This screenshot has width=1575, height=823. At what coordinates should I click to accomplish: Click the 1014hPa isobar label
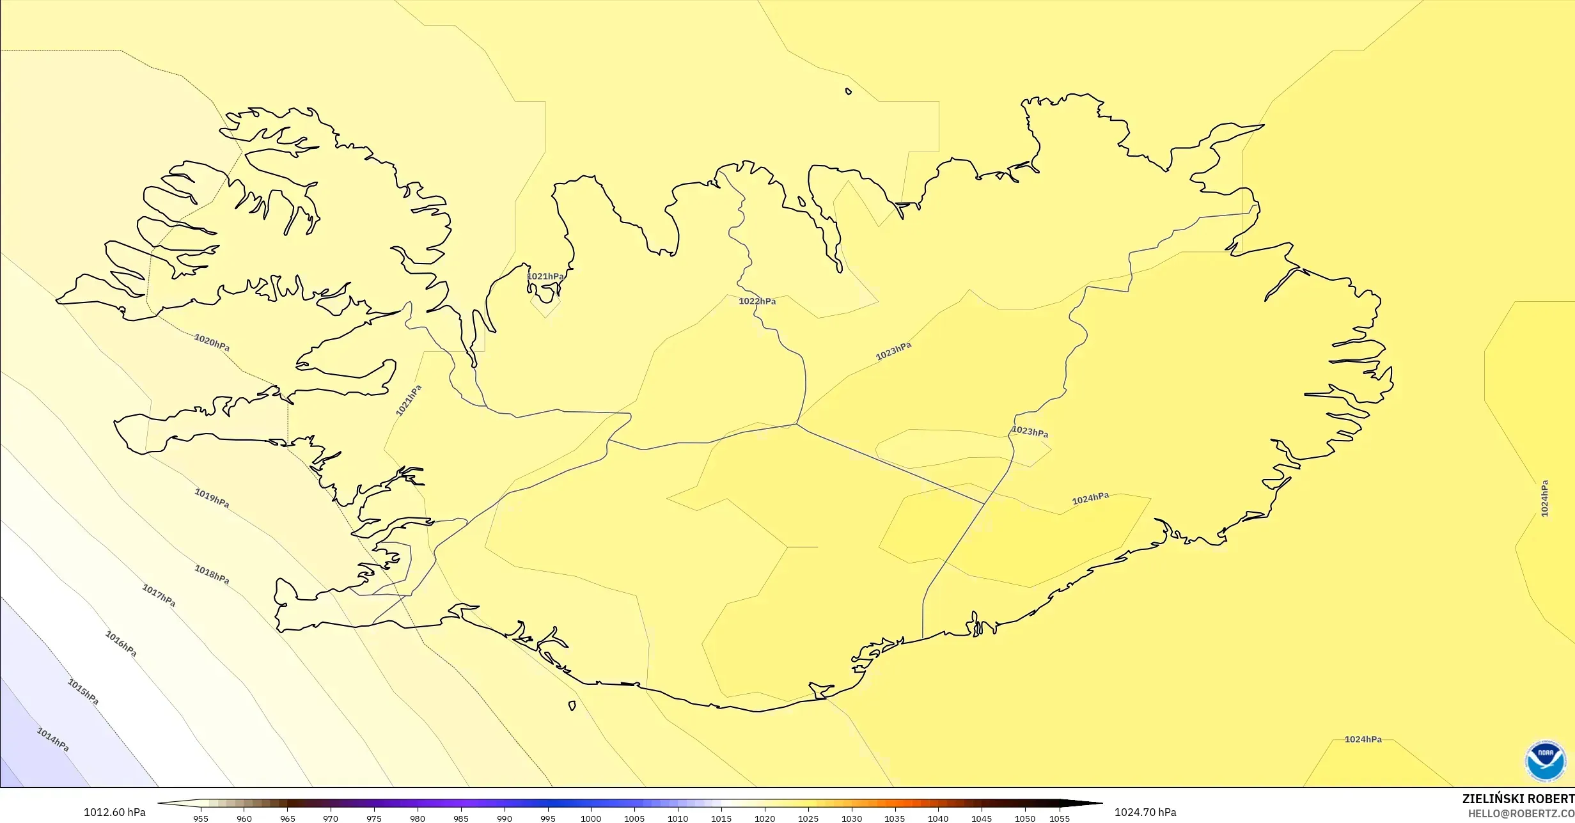click(52, 740)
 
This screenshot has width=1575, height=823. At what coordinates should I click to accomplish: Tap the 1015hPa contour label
click(83, 692)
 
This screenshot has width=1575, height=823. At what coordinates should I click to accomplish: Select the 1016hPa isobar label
click(121, 643)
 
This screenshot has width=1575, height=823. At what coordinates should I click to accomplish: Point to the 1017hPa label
click(159, 595)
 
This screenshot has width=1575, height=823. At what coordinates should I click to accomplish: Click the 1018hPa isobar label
click(212, 574)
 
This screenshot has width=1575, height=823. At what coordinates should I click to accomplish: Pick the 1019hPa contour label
click(212, 498)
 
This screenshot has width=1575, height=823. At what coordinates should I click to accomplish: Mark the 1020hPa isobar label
click(212, 343)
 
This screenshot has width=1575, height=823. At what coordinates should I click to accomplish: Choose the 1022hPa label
click(757, 301)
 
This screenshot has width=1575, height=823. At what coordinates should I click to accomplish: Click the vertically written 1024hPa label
click(1544, 498)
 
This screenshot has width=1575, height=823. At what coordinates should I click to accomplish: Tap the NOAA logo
click(1545, 760)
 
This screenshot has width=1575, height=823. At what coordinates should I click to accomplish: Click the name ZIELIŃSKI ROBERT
click(1518, 799)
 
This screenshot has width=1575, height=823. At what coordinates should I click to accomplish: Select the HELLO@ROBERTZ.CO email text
click(1521, 813)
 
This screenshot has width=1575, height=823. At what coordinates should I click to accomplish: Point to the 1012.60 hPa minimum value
click(114, 812)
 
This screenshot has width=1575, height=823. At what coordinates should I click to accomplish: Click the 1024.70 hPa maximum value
click(1145, 812)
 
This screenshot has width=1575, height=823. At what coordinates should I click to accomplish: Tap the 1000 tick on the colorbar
click(590, 819)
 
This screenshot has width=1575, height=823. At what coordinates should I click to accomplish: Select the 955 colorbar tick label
click(200, 819)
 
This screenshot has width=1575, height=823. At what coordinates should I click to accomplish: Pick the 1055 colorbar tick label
click(1059, 819)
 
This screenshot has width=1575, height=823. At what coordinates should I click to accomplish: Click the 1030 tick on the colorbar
click(851, 819)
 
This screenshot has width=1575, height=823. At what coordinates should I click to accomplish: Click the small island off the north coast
click(849, 91)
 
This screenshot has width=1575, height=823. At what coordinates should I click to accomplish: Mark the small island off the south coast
click(572, 706)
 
